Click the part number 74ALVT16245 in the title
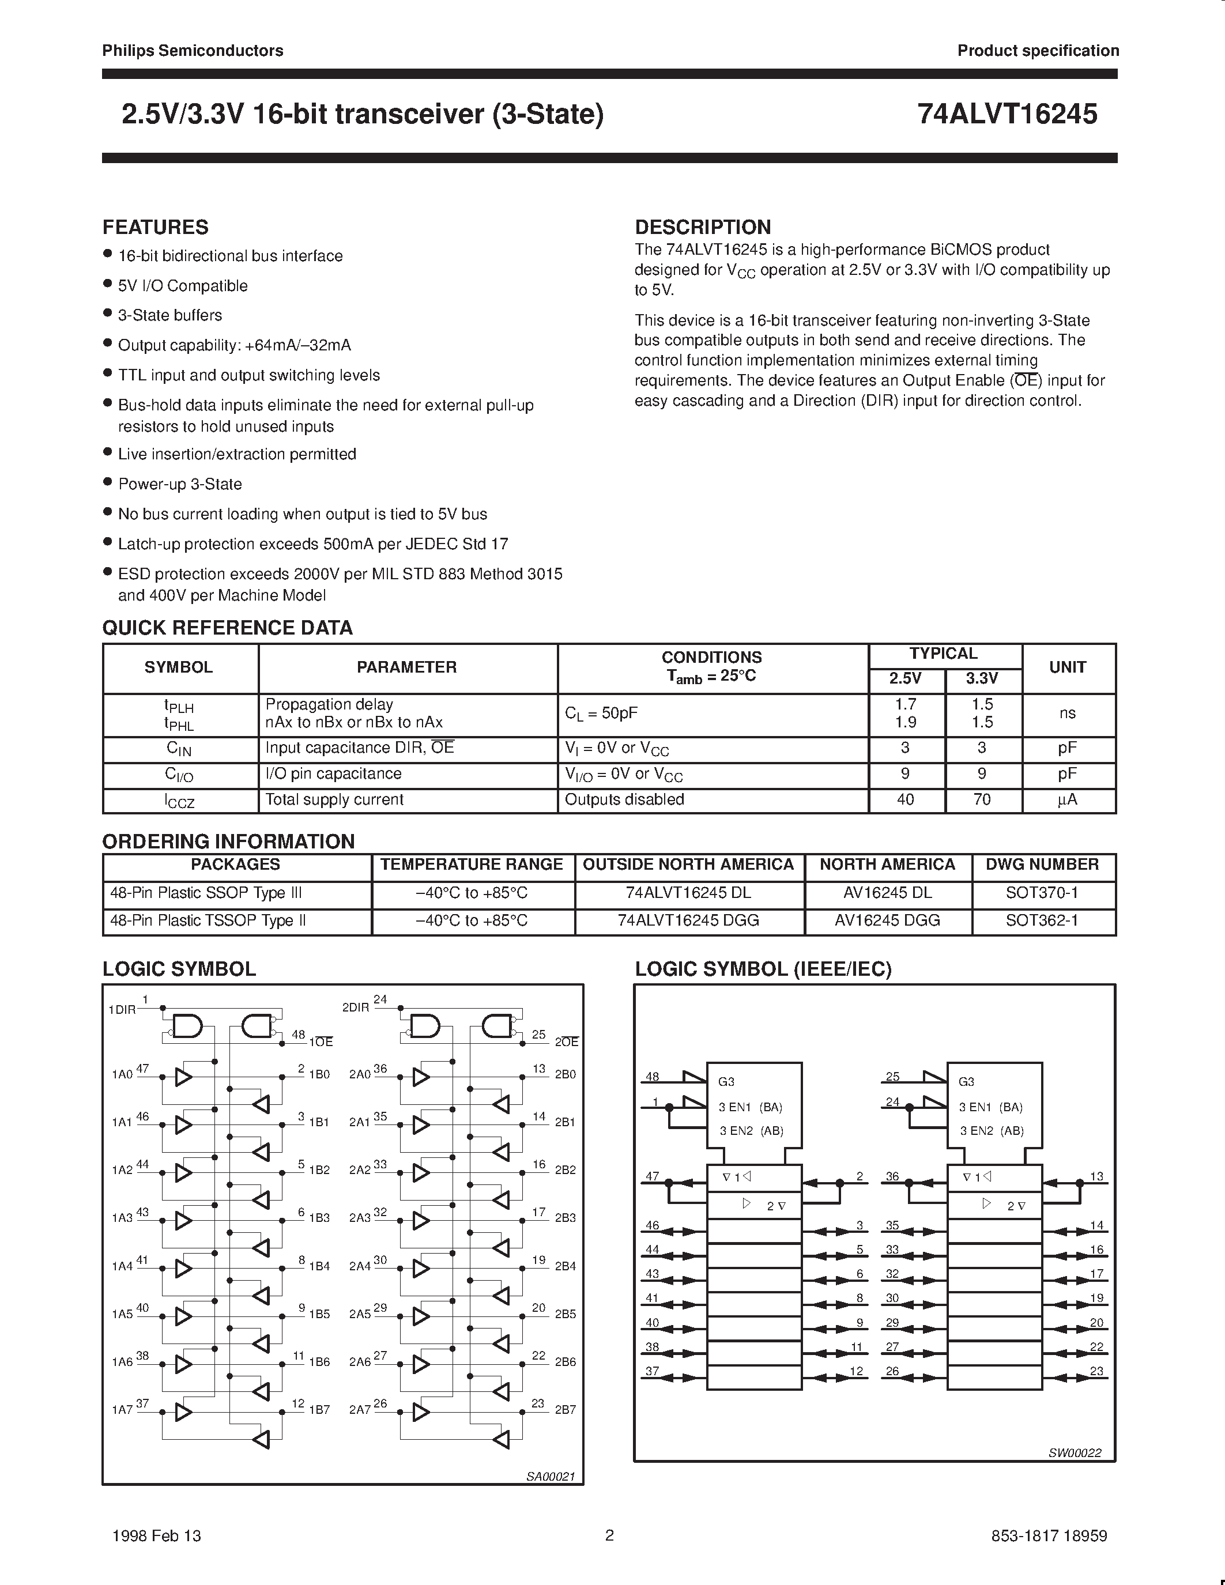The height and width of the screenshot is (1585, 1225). coord(1007,115)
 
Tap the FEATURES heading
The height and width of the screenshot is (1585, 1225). coord(155,227)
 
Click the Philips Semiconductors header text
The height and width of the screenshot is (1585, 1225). coord(193,51)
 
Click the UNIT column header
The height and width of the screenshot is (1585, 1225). coord(1067,667)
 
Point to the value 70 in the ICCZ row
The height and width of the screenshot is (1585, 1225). coord(981,799)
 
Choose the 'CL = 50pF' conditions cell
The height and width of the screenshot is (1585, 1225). coord(601,712)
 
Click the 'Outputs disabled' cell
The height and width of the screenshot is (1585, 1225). coord(624,799)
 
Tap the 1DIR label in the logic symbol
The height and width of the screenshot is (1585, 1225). coord(121,1009)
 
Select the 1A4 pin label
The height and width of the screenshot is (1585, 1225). coord(122,1266)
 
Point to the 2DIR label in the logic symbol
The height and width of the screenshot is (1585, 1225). coord(356,1008)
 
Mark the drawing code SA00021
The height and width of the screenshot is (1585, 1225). coord(551,1476)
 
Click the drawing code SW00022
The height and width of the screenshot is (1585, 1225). coord(1074,1452)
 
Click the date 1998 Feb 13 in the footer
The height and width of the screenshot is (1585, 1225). coord(157,1535)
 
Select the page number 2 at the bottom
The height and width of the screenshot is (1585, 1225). coord(609,1535)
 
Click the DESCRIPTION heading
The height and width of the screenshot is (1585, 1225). coord(703,227)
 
